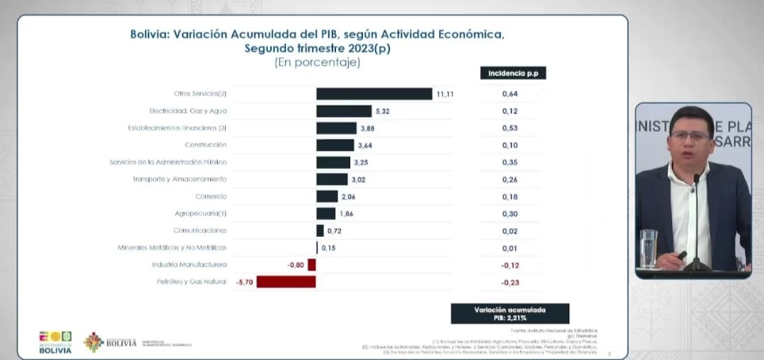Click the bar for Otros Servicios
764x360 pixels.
coord(374,93)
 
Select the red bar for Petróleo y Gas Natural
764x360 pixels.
coord(286,281)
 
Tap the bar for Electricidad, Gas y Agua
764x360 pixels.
coord(344,111)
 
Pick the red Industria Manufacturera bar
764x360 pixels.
coord(311,265)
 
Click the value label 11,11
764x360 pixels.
coord(445,94)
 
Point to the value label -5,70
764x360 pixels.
coord(244,281)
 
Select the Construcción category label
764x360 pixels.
coord(206,145)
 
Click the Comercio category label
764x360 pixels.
coord(212,196)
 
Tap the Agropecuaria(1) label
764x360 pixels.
coord(201,213)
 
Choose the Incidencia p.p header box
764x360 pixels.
coord(513,73)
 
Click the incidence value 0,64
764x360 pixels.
coord(510,94)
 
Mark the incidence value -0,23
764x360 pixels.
coord(510,281)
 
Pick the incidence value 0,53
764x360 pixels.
coord(510,128)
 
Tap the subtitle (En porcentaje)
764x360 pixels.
coord(317,62)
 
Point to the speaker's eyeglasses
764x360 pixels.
coord(690,134)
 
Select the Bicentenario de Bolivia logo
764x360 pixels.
coord(55,342)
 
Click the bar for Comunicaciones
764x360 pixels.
coord(320,231)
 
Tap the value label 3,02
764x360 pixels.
coord(359,180)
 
